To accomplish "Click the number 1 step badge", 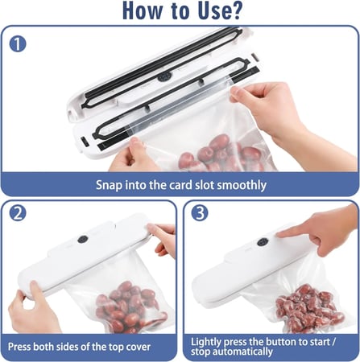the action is [18, 44].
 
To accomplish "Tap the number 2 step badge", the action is [18, 213].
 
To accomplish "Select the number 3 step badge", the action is [200, 213].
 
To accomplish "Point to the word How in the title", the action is [143, 10].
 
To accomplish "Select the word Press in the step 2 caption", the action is [19, 347].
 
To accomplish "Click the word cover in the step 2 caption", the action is [138, 347].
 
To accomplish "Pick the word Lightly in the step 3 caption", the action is [206, 342].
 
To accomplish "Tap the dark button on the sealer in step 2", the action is [83, 240].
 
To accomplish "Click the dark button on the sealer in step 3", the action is [263, 242].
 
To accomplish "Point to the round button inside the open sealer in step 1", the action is [163, 77].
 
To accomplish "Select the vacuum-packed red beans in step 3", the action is [308, 307].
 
